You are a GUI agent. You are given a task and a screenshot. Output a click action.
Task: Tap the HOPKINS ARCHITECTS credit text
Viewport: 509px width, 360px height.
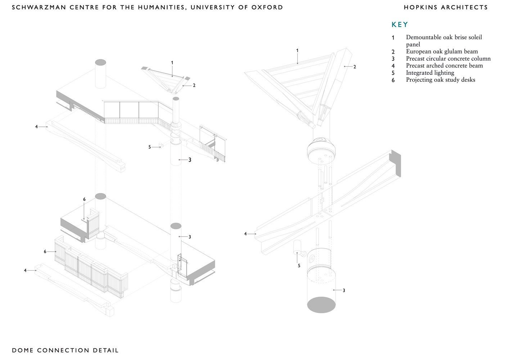[446, 7]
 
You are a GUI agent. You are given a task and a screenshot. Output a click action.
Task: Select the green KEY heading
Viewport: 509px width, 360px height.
[400, 24]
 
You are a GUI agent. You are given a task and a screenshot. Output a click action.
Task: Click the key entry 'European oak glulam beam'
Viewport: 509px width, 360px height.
[442, 51]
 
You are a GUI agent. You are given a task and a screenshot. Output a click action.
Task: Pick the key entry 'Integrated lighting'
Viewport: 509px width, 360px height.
[430, 73]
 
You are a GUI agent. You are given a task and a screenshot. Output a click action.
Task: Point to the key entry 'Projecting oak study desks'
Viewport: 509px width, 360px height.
[440, 80]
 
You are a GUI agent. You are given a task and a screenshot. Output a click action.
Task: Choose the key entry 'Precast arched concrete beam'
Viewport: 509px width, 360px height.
[444, 66]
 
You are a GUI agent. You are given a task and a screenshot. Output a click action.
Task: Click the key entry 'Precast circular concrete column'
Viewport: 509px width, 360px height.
[448, 59]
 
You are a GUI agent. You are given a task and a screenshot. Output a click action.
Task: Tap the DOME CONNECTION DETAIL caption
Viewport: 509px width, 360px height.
[65, 350]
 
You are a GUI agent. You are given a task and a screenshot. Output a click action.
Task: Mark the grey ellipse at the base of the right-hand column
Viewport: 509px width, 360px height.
[321, 305]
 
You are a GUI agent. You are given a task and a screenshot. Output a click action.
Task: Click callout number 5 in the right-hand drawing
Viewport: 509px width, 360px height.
[299, 266]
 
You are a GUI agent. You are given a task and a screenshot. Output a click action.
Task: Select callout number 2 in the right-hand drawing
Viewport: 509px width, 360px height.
[355, 67]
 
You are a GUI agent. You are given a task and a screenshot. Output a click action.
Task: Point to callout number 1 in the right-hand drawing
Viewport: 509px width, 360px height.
[297, 51]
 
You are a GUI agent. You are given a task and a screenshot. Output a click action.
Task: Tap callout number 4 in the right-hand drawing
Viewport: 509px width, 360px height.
[246, 234]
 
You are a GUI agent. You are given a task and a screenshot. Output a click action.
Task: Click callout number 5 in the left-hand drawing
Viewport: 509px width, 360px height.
[150, 147]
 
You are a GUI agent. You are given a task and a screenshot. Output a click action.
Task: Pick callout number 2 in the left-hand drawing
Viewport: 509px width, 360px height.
[194, 85]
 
